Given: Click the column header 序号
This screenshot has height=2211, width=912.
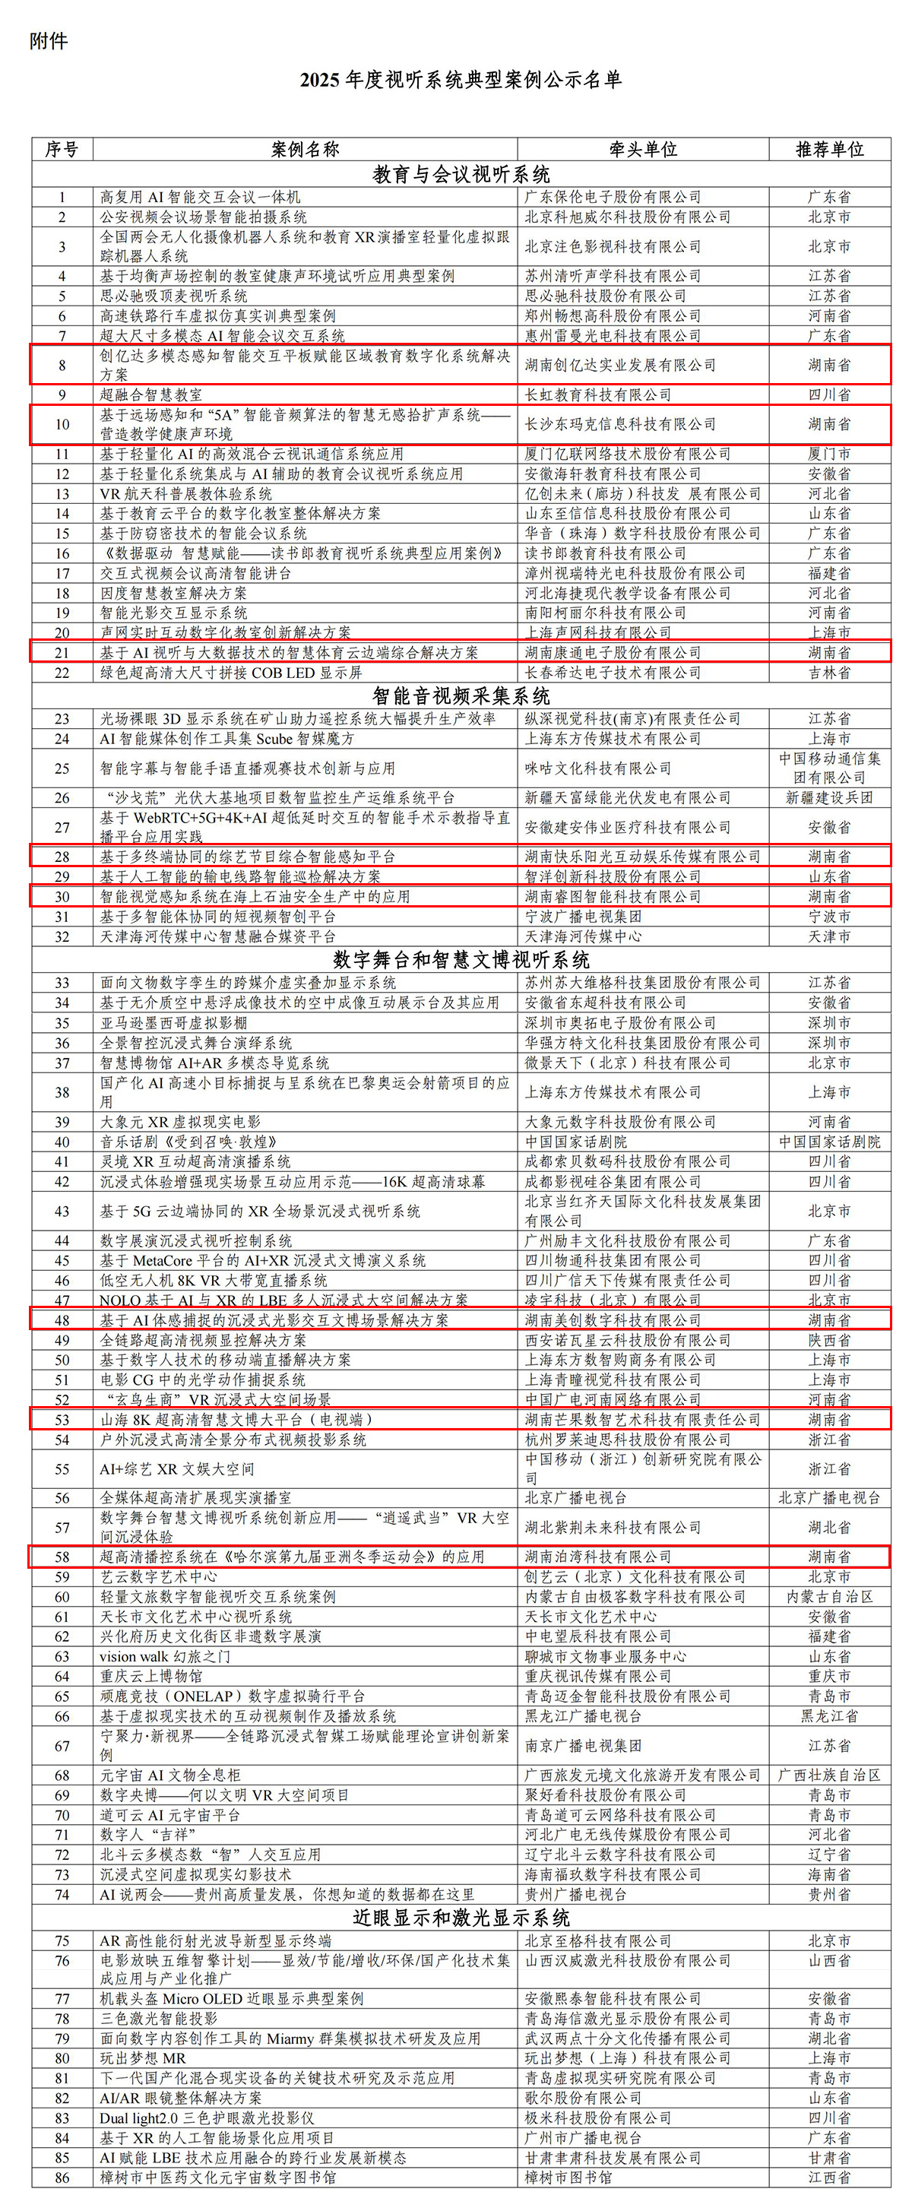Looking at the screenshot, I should click(62, 149).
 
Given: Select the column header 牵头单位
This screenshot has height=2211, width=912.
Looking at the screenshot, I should click(643, 149).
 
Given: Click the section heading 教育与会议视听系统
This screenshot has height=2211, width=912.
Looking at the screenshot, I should click(461, 175).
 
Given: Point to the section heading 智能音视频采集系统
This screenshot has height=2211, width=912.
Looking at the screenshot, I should click(461, 696).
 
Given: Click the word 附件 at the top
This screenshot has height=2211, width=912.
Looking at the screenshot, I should click(48, 41).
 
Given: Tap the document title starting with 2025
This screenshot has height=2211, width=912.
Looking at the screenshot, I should click(461, 81).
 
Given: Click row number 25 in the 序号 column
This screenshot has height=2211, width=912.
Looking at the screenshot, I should click(62, 768).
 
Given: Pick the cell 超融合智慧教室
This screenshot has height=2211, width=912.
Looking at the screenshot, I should click(151, 394).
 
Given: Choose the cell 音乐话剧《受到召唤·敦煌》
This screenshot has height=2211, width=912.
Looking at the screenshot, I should click(188, 1142).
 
